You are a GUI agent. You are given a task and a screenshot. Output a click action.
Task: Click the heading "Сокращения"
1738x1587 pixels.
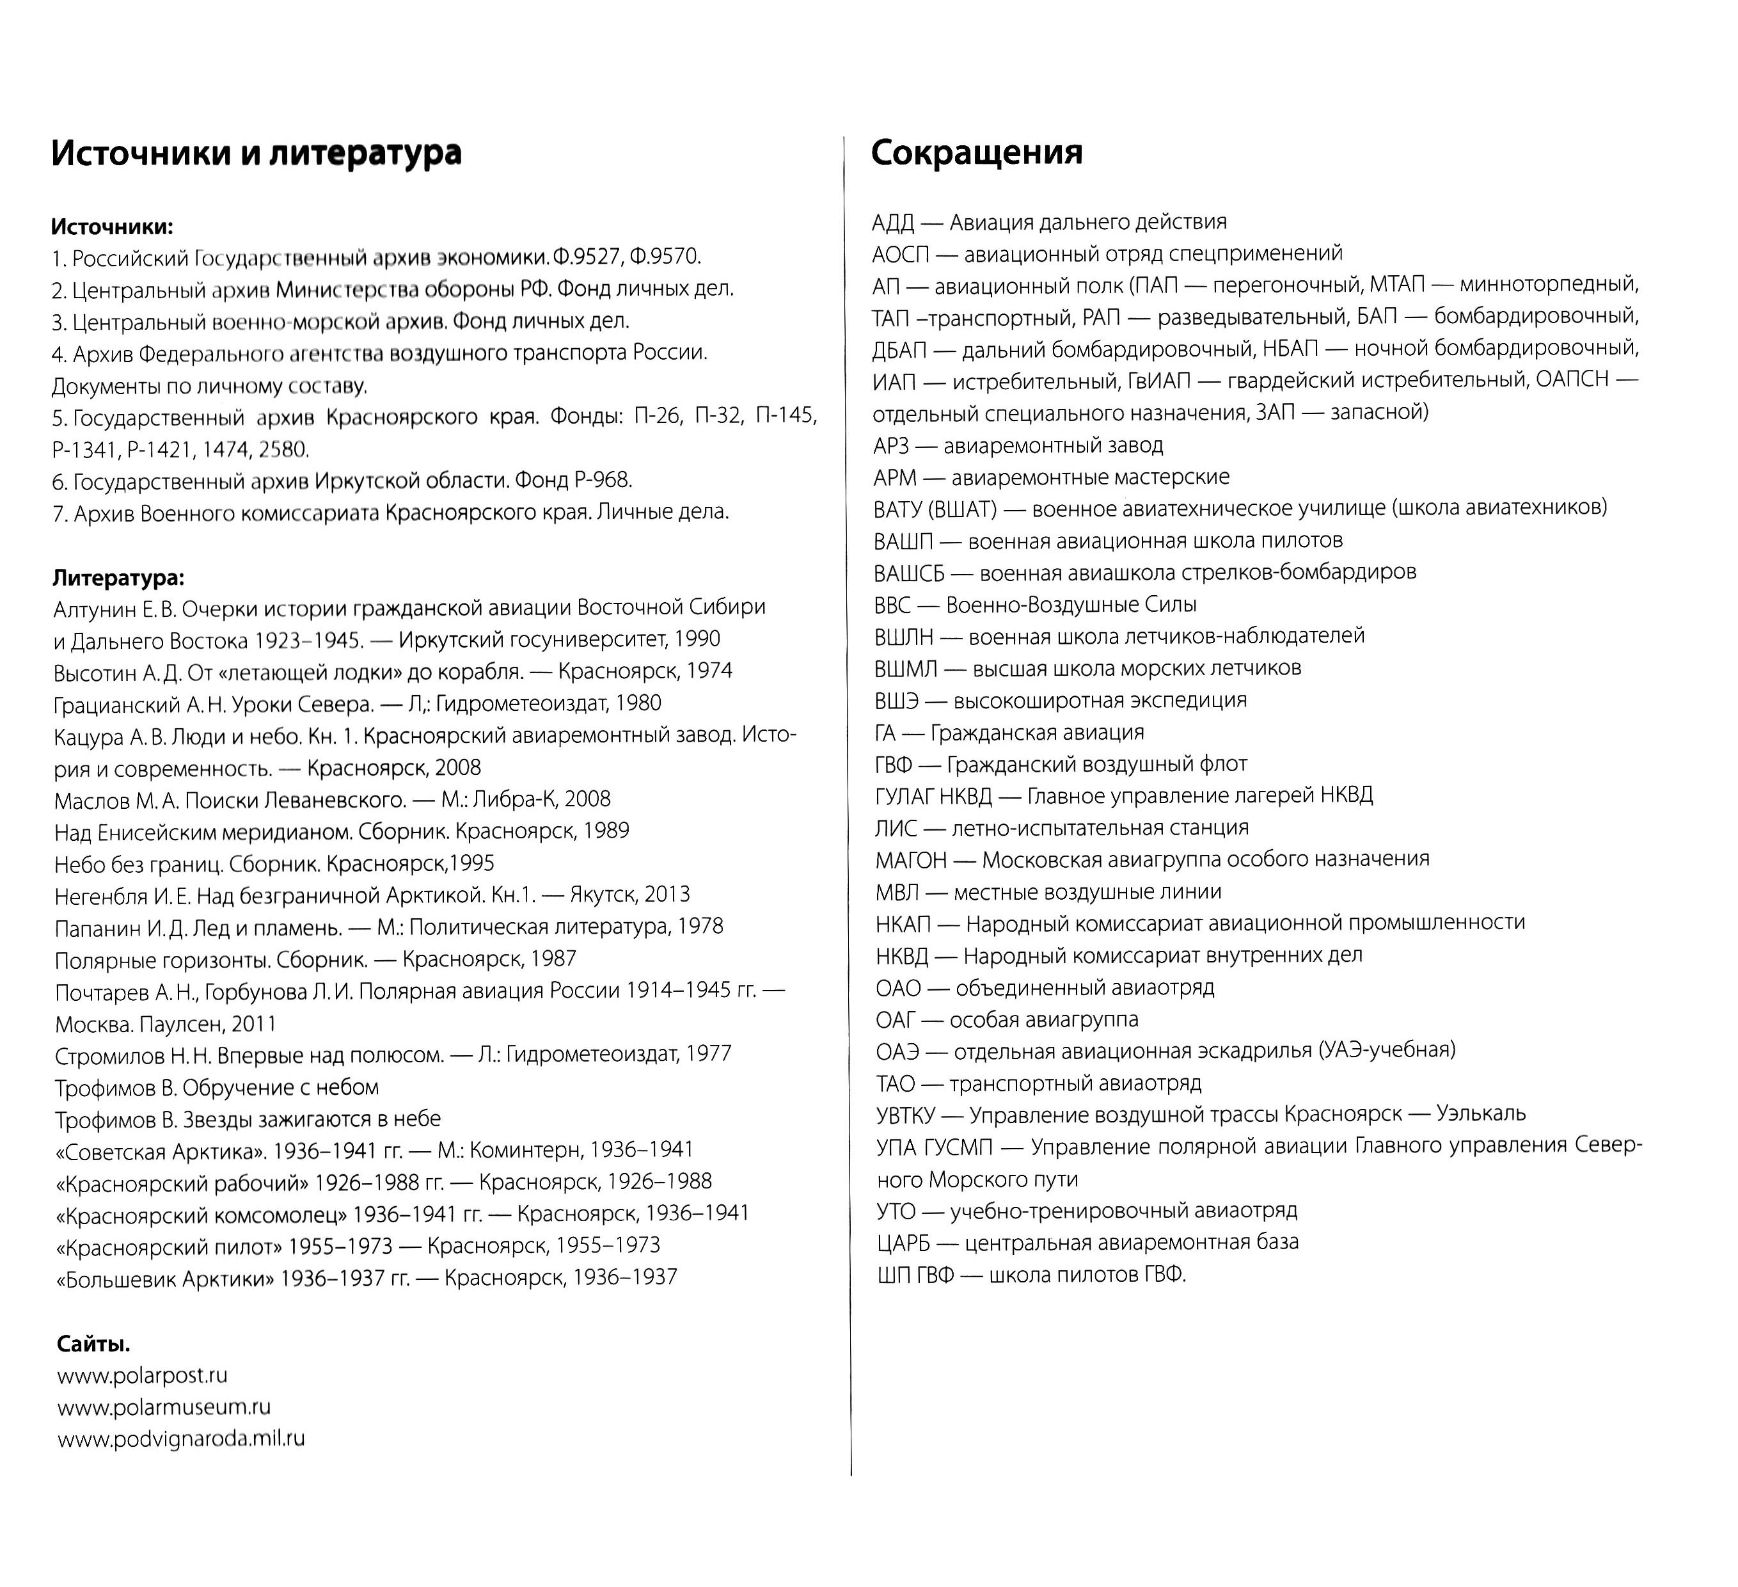pos(976,153)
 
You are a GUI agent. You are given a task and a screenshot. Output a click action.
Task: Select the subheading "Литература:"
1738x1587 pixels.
pos(119,577)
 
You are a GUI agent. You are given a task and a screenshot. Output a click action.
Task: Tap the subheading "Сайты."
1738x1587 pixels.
pos(94,1344)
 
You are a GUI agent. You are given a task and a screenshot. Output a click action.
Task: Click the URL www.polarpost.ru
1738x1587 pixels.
pos(142,1376)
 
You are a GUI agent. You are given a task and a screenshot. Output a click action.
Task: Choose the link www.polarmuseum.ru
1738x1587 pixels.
pos(164,1408)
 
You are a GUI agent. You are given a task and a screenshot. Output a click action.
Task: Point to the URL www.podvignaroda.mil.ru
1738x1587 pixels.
pos(181,1439)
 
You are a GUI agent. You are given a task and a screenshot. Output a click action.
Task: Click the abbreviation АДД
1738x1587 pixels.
pos(892,223)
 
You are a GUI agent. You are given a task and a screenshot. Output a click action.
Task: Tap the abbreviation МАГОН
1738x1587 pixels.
pos(910,859)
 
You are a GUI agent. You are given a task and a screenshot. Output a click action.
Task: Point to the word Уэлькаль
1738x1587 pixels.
pos(1480,1113)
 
